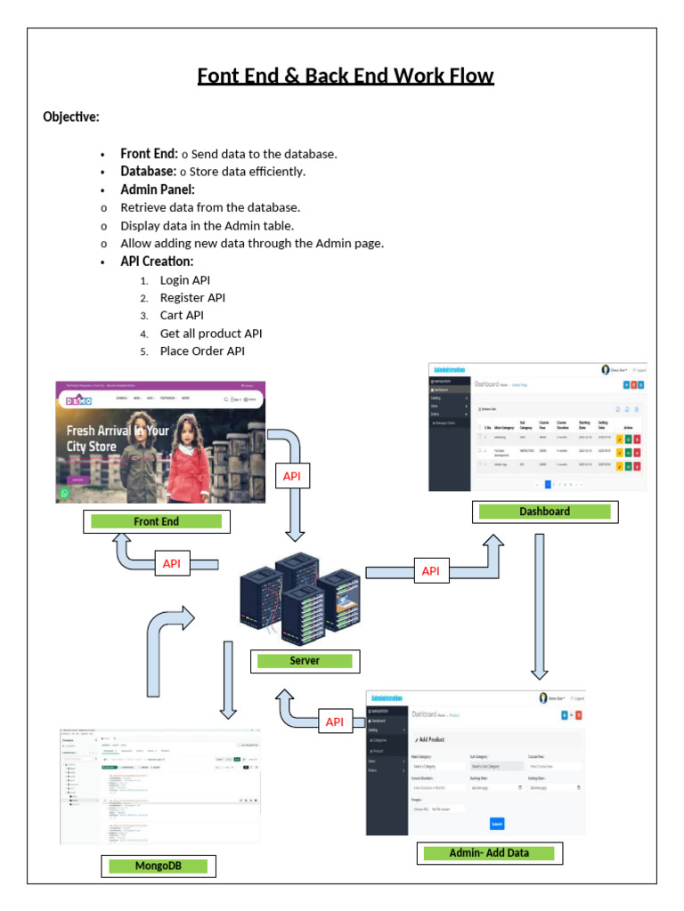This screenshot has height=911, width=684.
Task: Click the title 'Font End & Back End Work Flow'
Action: click(x=346, y=77)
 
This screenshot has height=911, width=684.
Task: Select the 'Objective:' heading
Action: click(x=71, y=117)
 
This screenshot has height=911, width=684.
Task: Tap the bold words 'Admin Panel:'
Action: click(x=158, y=189)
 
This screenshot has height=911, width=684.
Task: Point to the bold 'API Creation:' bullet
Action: click(x=157, y=262)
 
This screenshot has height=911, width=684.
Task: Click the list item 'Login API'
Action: click(x=185, y=280)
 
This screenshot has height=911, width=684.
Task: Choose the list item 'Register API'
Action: click(x=192, y=298)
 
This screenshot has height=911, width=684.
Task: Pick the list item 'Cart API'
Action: click(x=182, y=316)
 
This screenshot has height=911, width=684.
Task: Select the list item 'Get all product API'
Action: click(x=211, y=334)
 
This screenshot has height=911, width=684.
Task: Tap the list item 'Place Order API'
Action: click(x=202, y=351)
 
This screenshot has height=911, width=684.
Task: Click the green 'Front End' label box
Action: click(x=156, y=521)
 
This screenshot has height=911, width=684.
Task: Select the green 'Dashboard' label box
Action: click(x=544, y=512)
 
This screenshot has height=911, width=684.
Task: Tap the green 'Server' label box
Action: click(x=305, y=661)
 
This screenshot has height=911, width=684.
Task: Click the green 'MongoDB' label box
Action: click(x=157, y=866)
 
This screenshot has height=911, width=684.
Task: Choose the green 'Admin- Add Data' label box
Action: click(x=489, y=853)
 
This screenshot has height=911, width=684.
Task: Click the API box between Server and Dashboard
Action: click(x=430, y=571)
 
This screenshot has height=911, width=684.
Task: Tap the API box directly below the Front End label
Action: click(x=172, y=563)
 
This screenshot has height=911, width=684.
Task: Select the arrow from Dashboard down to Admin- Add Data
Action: click(x=539, y=605)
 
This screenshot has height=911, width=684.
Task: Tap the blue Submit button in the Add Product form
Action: click(x=497, y=824)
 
